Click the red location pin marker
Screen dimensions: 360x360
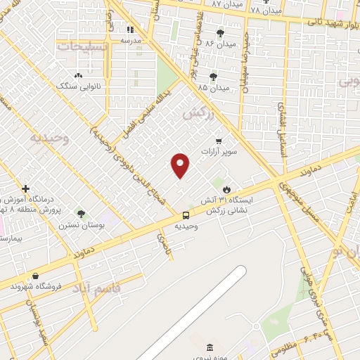point(181,165)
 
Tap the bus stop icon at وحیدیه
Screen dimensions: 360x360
point(186,215)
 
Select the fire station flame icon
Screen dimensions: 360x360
point(226,189)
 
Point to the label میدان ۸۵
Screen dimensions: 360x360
point(214,88)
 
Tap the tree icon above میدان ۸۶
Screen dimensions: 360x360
point(220,33)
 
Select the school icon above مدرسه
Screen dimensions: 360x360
point(130,30)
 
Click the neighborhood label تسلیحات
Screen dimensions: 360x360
point(82,46)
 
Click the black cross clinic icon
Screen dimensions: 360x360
point(26,189)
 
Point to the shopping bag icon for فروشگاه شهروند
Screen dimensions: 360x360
point(35,276)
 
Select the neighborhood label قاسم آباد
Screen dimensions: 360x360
point(96,288)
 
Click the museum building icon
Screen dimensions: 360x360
point(210,348)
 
